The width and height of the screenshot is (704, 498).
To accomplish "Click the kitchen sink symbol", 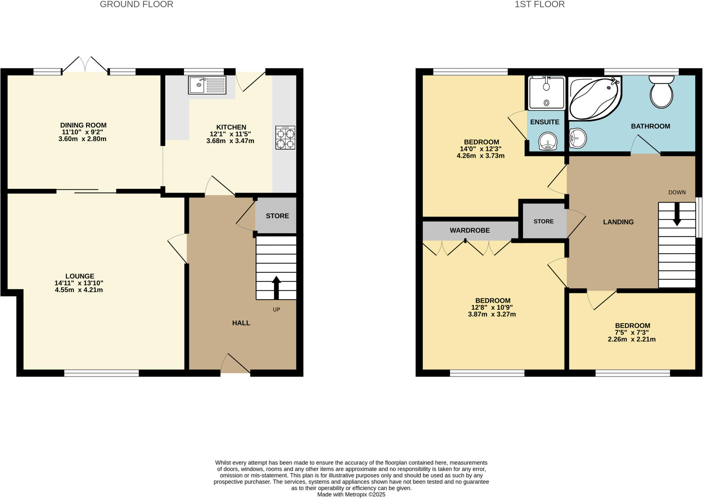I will pos(207,85).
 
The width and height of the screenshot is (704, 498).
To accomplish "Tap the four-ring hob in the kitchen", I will pos(285,138).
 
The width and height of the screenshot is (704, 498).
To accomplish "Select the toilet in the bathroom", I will pos(661,92).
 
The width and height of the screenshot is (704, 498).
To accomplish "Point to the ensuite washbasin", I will pos(548,141).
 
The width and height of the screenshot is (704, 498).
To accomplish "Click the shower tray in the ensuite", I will pos(546,93).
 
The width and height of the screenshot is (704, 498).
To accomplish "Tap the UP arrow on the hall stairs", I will pos(276,287).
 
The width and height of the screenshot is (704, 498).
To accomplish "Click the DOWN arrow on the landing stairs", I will pos(676,214).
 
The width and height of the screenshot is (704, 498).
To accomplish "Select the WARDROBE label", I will pos(470,230).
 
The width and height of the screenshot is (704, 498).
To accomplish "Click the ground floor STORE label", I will pos(277,216).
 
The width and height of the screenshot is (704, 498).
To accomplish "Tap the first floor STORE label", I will pos(543,221).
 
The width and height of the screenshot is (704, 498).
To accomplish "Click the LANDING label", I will pos(618,222).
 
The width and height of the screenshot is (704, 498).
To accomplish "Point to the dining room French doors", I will pos(85,65).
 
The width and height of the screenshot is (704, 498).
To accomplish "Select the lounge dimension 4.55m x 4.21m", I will pos(79,290).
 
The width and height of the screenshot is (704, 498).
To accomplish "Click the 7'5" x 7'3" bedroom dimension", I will pos(632,333).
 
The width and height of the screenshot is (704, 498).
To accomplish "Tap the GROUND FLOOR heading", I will pos(136,4).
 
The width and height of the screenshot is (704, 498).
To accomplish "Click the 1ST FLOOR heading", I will pos(539,4).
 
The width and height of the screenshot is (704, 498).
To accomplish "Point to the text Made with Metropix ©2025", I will pos(351,495).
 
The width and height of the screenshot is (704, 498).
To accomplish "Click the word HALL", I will pos(241,323).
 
